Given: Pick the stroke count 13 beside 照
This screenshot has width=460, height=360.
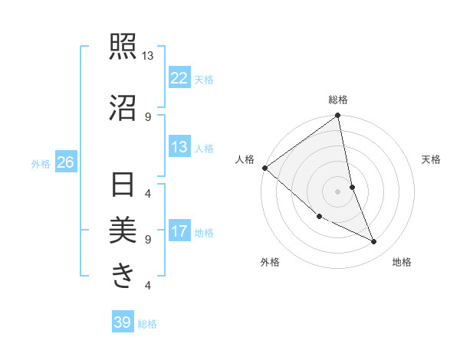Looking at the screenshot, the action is (x=148, y=56).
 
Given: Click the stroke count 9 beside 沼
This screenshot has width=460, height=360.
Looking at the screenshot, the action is (x=148, y=116).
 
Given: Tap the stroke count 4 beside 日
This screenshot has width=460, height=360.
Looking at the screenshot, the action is (x=148, y=193).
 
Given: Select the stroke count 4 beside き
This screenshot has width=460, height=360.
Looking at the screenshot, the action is (x=148, y=286).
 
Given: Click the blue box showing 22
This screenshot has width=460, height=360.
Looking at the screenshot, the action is (x=179, y=77).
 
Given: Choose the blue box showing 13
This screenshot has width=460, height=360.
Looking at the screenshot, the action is (x=179, y=147).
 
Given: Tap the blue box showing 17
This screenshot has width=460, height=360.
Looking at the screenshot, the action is (x=179, y=231).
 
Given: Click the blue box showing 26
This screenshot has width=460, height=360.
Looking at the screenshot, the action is (x=65, y=162).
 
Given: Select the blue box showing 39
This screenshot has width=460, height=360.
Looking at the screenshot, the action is (x=122, y=322).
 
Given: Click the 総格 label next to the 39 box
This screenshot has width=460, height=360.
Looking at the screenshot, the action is (x=147, y=324).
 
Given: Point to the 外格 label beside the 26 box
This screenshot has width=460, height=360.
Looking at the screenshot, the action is (x=41, y=163).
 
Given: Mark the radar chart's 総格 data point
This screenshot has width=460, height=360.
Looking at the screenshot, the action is (x=337, y=116).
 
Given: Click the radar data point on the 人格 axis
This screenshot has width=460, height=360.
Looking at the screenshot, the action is (x=264, y=168).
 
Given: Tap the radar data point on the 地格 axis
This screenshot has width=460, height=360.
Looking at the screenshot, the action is (x=374, y=242).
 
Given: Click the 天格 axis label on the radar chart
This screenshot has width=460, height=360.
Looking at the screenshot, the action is (x=432, y=159).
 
